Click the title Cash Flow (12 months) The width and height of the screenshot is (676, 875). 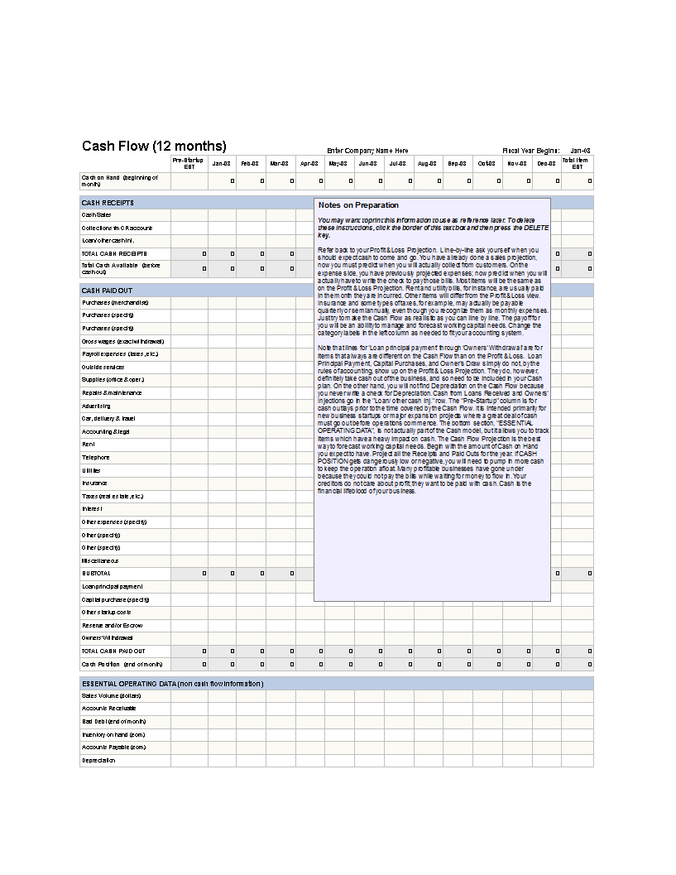pyautogui.click(x=154, y=147)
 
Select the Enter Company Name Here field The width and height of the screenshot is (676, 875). pyautogui.click(x=367, y=151)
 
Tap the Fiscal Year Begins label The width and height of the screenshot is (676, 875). pyautogui.click(x=531, y=151)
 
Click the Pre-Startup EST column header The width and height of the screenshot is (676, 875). pyautogui.click(x=189, y=163)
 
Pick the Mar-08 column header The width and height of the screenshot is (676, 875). pyautogui.click(x=279, y=163)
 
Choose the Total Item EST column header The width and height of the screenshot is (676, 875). pyautogui.click(x=577, y=163)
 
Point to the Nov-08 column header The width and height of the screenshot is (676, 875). pyautogui.click(x=517, y=163)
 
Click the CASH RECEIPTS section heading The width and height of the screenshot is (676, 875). pyautogui.click(x=108, y=203)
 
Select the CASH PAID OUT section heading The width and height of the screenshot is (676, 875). pyautogui.click(x=107, y=291)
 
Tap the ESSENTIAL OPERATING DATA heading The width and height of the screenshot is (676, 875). pyautogui.click(x=172, y=683)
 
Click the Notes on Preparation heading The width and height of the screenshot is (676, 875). pyautogui.click(x=358, y=205)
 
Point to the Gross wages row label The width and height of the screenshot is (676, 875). pyautogui.click(x=122, y=341)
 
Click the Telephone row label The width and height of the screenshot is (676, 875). pyautogui.click(x=95, y=457)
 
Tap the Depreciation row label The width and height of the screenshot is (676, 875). pyautogui.click(x=98, y=760)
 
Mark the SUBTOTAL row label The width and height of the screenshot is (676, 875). pyautogui.click(x=96, y=573)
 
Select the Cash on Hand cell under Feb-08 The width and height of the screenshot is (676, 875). pyautogui.click(x=251, y=180)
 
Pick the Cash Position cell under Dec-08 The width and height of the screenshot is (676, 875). pyautogui.click(x=547, y=664)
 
